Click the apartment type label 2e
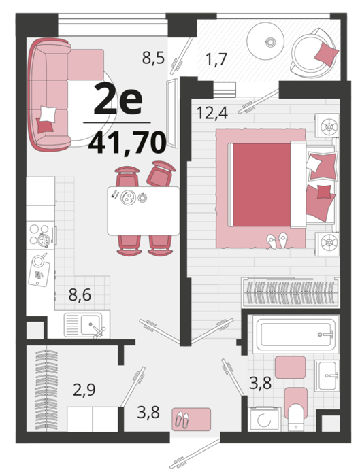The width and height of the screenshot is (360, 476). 118,99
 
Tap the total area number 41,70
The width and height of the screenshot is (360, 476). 127,143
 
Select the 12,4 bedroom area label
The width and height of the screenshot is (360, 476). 212,113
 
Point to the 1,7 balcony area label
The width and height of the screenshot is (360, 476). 216,59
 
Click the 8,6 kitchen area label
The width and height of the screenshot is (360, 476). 80,294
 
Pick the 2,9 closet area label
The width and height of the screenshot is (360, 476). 84,390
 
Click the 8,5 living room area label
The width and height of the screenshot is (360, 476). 153,58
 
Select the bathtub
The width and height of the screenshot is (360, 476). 295,335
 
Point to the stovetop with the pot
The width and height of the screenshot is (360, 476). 41,235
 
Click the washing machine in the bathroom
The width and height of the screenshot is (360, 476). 264,420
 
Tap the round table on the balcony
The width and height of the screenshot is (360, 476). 265,41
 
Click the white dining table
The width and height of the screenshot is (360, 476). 144,211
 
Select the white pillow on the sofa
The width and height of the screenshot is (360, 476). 48,114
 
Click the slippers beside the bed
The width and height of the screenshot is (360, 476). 277,241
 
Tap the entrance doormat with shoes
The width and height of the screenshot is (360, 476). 191,419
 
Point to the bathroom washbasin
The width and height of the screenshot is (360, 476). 326,375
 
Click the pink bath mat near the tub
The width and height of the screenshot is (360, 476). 290,367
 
